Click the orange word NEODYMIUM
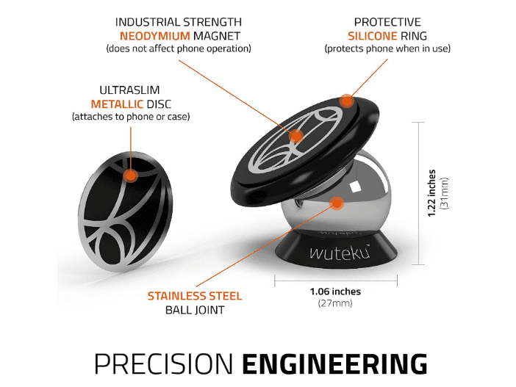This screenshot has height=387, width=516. coord(154,35)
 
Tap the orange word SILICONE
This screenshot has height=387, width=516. coord(373,35)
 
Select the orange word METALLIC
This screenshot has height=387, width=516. coord(117,104)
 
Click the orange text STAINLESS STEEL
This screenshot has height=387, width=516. coord(195,296)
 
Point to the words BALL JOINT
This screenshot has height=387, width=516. coord(195,310)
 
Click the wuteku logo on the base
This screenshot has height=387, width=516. coord(340,253)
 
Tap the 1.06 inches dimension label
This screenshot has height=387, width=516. coord(335,292)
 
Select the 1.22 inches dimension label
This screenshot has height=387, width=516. coord(431,193)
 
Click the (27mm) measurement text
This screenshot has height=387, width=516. coord(335,303)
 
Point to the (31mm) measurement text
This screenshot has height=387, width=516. coord(444,193)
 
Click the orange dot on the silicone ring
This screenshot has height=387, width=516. coord(346,101)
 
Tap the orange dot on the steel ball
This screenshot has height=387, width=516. coord(337,203)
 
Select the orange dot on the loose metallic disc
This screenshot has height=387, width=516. coord(131,176)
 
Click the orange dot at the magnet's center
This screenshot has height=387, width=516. coord(295,136)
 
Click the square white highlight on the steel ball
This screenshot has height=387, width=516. coord(354,187)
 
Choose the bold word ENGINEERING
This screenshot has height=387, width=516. coord(334,364)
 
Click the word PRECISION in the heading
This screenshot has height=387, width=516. coord(164,364)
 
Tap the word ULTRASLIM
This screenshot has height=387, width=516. coord(129,90)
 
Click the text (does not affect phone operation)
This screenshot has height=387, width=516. coord(179,48)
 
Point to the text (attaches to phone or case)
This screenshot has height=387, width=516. coord(131,117)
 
